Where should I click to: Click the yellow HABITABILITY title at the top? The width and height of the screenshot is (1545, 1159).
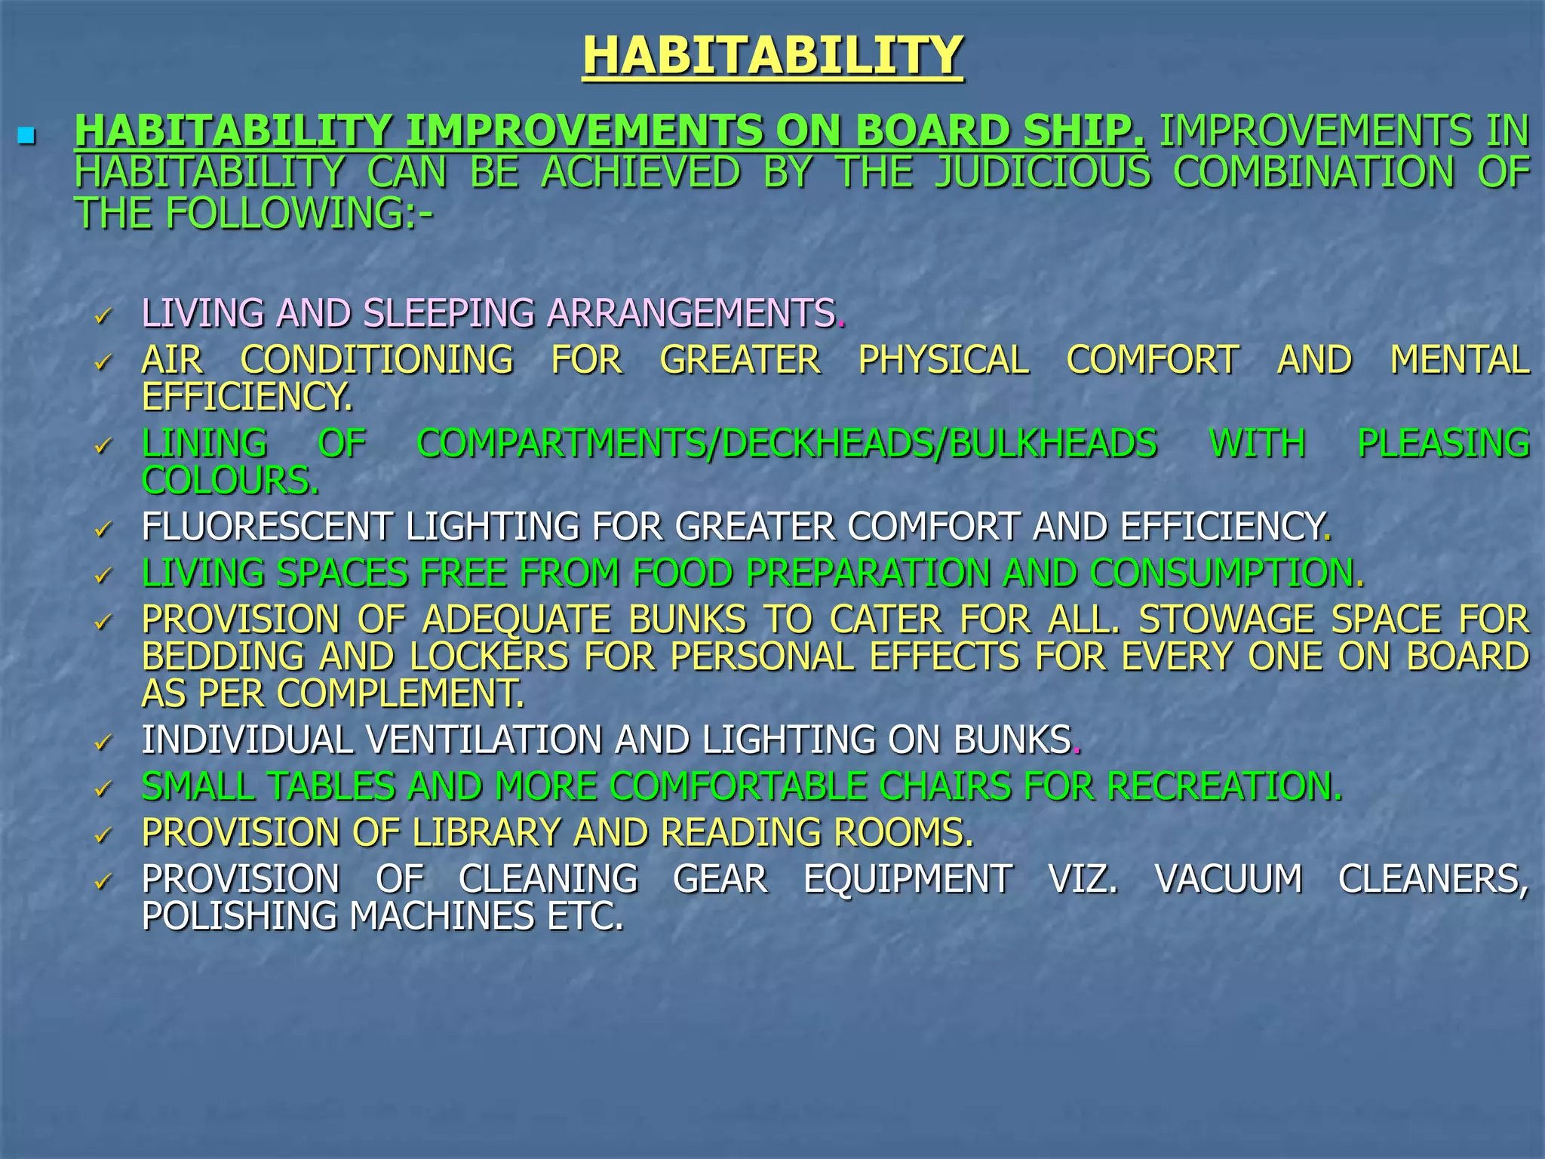pyautogui.click(x=772, y=56)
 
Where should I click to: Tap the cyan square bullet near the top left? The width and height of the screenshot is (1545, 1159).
pyautogui.click(x=27, y=137)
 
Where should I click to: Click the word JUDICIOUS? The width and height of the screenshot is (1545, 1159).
pyautogui.click(x=1043, y=172)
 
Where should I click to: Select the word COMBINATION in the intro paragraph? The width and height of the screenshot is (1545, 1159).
pyautogui.click(x=1313, y=172)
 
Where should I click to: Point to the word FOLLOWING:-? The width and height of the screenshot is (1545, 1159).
pyautogui.click(x=299, y=214)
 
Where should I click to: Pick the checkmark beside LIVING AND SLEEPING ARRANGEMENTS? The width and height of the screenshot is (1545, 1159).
pyautogui.click(x=103, y=315)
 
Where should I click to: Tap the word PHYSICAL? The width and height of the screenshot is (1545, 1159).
pyautogui.click(x=943, y=360)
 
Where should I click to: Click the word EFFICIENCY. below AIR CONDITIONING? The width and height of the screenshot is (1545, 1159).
pyautogui.click(x=247, y=397)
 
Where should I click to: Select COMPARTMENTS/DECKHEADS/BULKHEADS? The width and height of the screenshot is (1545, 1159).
pyautogui.click(x=786, y=444)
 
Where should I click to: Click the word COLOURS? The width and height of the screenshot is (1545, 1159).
pyautogui.click(x=230, y=481)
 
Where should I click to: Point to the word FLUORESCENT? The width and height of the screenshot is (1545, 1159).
pyautogui.click(x=267, y=527)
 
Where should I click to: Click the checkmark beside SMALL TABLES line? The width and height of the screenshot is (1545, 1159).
pyautogui.click(x=103, y=789)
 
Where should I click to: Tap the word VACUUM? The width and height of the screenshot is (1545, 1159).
pyautogui.click(x=1228, y=880)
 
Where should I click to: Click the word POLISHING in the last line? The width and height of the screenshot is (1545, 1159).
pyautogui.click(x=239, y=917)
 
